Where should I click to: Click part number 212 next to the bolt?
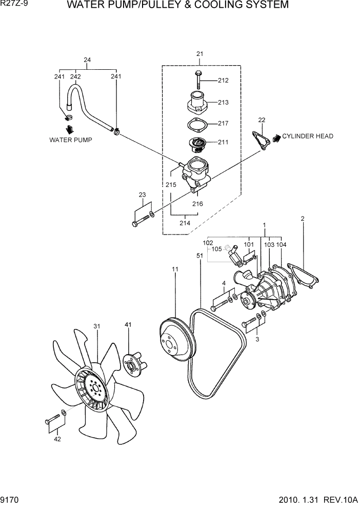tap(223, 81)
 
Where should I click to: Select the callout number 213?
tap(223, 103)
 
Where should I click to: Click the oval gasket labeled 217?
tap(196, 125)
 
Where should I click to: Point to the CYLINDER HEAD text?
tap(308, 136)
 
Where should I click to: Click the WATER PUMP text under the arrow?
tap(71, 140)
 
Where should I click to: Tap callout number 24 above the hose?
tap(87, 60)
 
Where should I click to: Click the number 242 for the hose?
tap(75, 77)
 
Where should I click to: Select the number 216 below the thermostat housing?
tap(197, 204)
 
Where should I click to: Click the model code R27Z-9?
tap(14, 5)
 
